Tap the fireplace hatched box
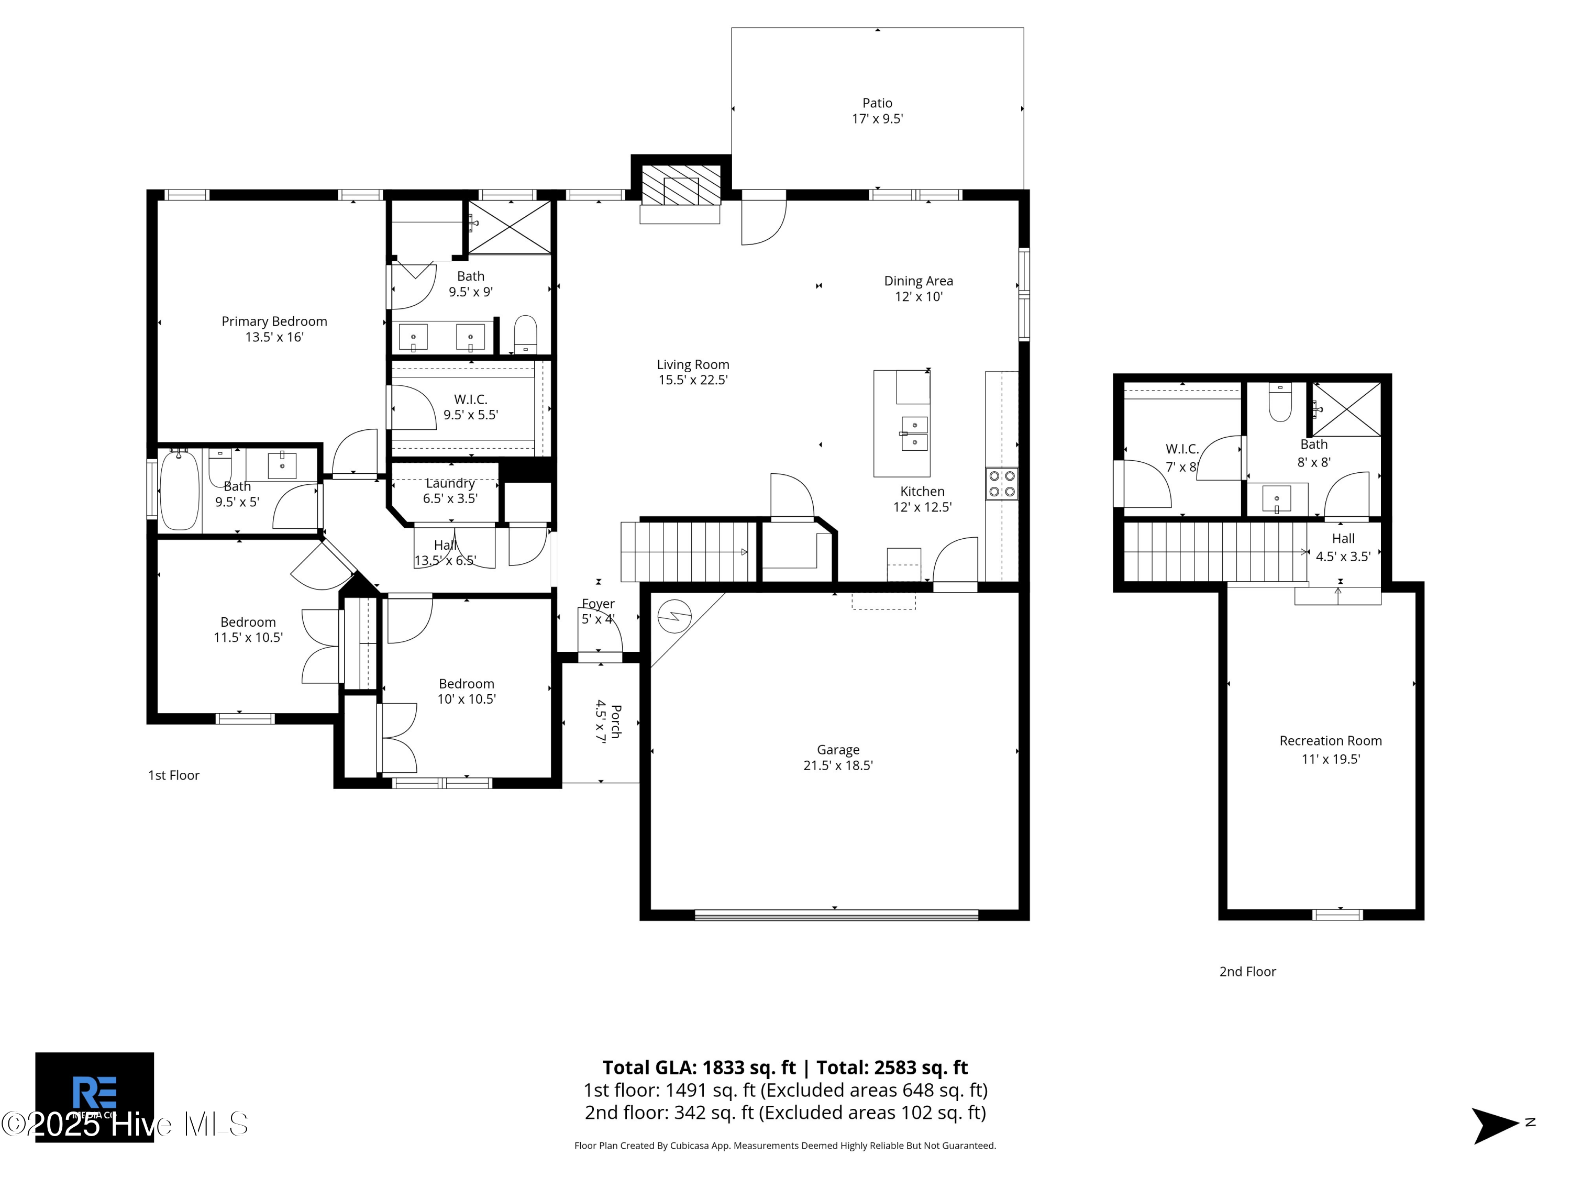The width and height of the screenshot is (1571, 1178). [x=680, y=185]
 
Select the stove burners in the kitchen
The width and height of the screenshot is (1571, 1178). [x=1001, y=484]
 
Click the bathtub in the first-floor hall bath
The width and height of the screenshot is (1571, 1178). [x=179, y=491]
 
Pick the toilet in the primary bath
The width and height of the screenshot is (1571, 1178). [x=525, y=335]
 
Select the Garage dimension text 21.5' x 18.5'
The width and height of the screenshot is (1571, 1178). [x=838, y=765]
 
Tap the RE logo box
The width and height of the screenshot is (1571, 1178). [x=94, y=1097]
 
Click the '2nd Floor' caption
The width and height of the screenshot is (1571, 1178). [x=1247, y=971]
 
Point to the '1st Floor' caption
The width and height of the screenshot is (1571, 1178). [x=173, y=775]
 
